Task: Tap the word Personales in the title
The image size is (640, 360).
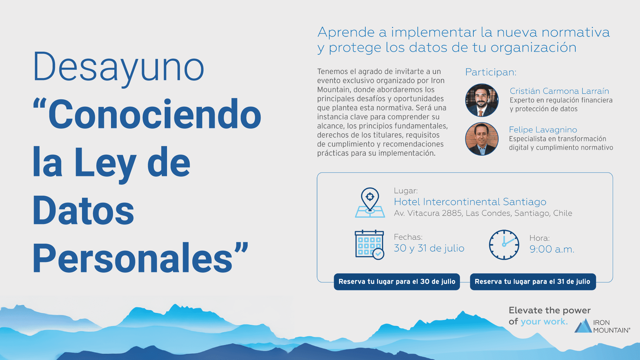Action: point(132,258)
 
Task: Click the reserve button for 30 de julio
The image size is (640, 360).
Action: point(397,282)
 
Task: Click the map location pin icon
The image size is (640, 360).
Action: point(370,202)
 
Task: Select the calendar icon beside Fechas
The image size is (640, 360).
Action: point(369,245)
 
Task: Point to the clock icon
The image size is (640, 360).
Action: point(504,245)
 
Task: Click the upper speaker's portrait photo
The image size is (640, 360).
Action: point(482,100)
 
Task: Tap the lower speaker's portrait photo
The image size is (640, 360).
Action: point(482,139)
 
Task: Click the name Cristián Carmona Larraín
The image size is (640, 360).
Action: point(559,91)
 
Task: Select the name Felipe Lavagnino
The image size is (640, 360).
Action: point(543,130)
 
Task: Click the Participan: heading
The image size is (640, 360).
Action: point(491,72)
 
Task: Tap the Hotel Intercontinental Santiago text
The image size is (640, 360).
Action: point(470,202)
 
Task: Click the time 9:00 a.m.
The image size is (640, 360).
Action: point(552,249)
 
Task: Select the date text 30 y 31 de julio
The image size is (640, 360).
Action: point(429,248)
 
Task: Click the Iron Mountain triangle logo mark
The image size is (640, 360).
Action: point(583,326)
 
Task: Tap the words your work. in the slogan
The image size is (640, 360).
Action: point(544,322)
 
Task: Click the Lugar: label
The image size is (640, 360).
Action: point(406,191)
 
